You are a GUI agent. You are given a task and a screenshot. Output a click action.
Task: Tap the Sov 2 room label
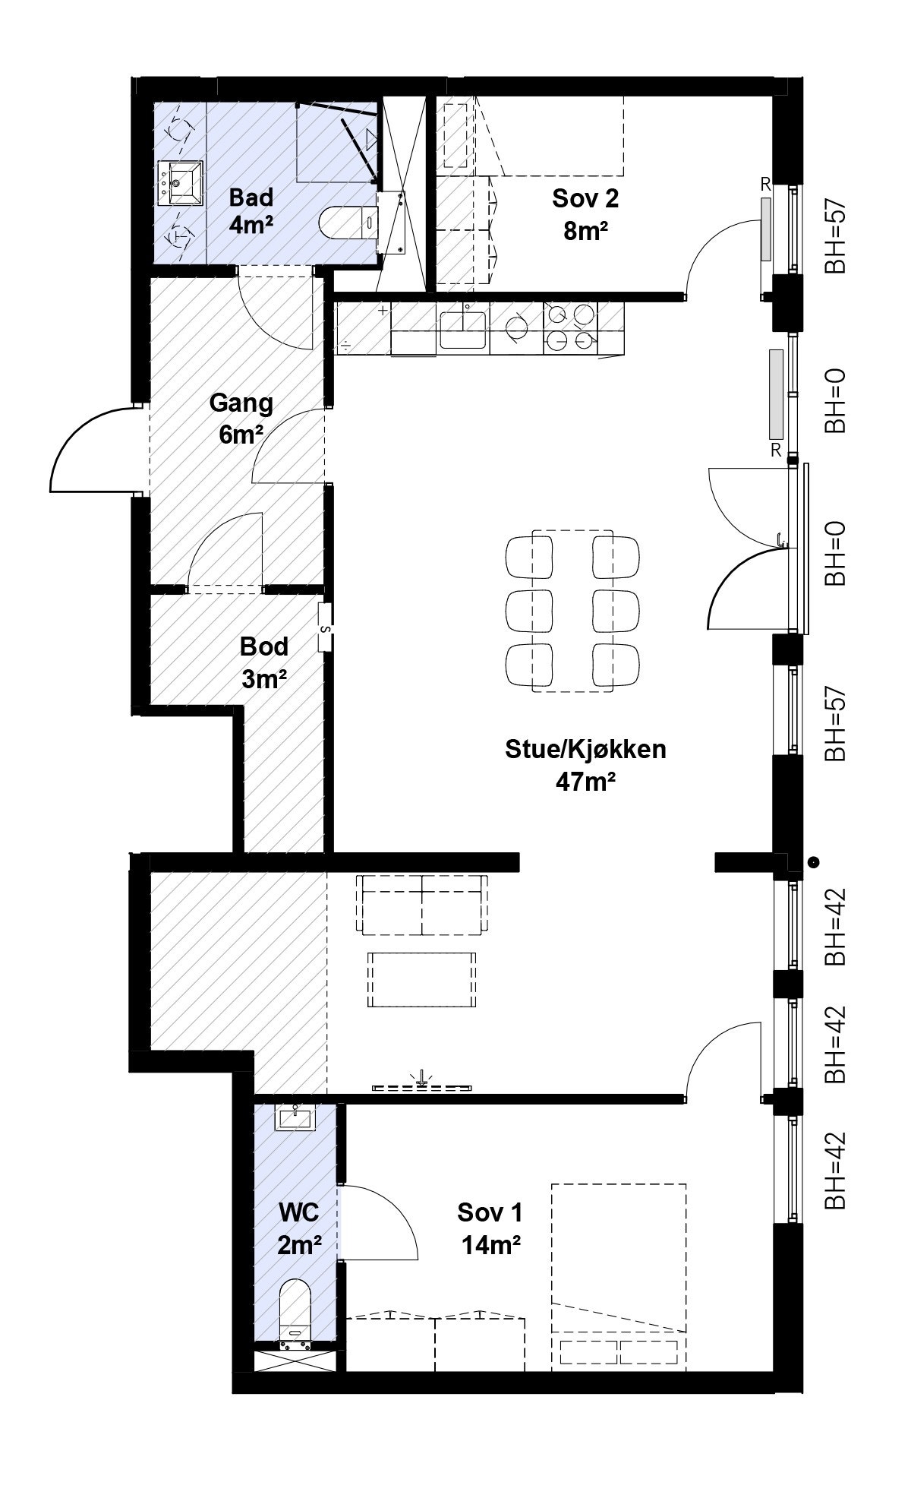tap(585, 212)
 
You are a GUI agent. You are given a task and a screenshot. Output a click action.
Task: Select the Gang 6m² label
tap(241, 417)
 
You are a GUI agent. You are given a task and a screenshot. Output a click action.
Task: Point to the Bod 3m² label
tap(263, 661)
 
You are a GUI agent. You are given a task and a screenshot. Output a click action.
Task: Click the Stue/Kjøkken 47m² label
tap(585, 763)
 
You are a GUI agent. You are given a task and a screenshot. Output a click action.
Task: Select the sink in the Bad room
tap(181, 183)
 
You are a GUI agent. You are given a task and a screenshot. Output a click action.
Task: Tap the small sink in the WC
tap(295, 1117)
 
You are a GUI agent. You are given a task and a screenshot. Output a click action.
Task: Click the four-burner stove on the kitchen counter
tap(570, 327)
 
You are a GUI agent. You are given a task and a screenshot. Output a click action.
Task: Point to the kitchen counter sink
tap(463, 328)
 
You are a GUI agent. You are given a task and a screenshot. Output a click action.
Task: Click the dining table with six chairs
tap(572, 611)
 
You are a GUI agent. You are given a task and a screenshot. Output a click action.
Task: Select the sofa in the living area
tap(422, 905)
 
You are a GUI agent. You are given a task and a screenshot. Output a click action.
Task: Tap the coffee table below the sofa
tap(422, 979)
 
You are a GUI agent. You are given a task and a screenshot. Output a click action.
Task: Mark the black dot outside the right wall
tap(814, 862)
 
